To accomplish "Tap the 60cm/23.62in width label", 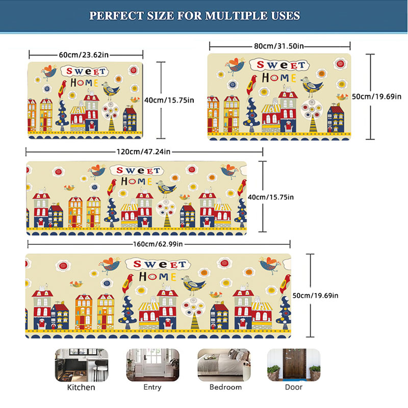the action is (x=84, y=55).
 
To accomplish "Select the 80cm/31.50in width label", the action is (x=278, y=46).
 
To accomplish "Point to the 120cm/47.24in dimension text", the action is (x=143, y=151).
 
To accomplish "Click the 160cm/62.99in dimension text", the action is (x=158, y=244).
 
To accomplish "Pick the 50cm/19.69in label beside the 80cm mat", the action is (x=376, y=96).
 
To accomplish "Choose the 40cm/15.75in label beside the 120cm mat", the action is (x=271, y=197).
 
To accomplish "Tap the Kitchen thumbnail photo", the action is (x=82, y=365).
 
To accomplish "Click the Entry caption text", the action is (x=152, y=387).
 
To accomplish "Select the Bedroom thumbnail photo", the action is (x=224, y=365).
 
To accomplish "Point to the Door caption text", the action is (x=294, y=387).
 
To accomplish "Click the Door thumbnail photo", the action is (x=294, y=365).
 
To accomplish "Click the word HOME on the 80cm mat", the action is (x=279, y=78).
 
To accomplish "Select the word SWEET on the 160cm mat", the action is (x=160, y=264).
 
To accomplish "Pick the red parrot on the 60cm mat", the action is (x=62, y=88).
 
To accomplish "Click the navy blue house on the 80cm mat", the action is (x=336, y=118).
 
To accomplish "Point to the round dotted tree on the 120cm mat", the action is (x=166, y=212).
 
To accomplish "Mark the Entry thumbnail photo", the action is (x=152, y=365).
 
